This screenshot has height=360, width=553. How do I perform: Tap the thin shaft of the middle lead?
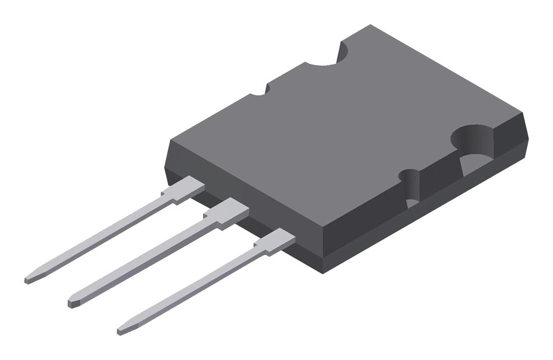[x=144, y=262]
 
